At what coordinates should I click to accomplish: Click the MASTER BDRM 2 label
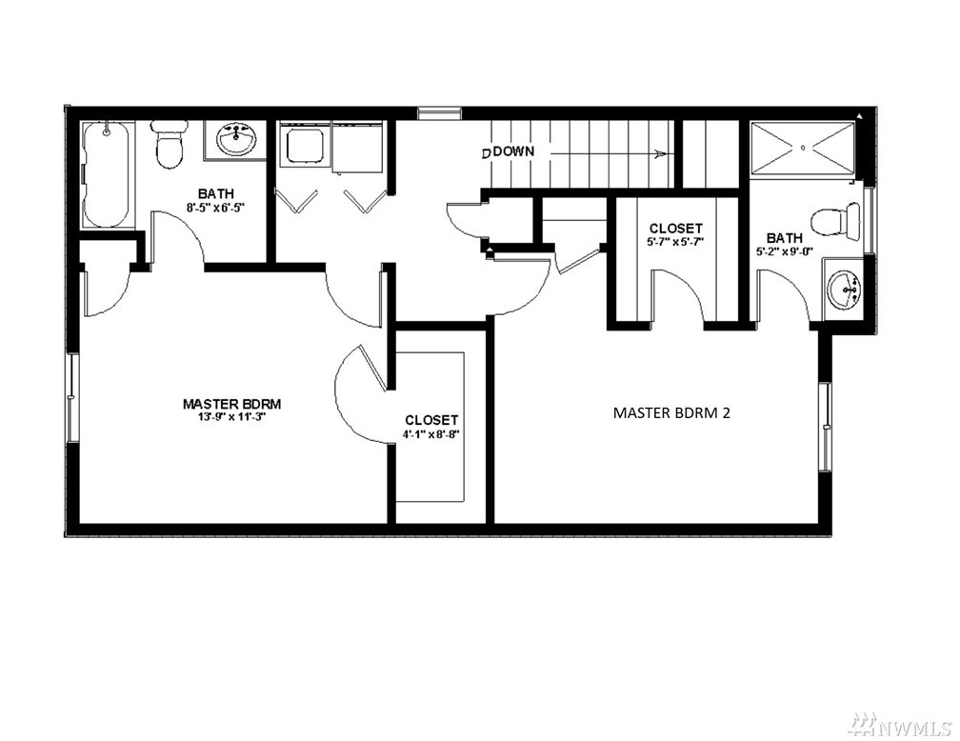671,412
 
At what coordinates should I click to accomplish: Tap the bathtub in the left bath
107,174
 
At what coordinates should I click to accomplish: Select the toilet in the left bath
169,145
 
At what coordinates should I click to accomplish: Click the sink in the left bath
236,140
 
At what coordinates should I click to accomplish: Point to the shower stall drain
803,148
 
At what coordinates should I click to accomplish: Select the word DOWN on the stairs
513,151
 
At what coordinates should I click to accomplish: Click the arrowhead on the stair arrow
660,153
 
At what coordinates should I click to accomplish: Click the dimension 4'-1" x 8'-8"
431,433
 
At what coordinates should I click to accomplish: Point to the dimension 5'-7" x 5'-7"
675,241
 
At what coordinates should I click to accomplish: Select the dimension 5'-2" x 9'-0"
784,250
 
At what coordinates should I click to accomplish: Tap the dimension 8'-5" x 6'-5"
215,207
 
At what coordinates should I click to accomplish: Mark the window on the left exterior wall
72,397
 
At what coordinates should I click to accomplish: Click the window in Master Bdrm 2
826,427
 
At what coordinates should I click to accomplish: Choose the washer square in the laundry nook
303,145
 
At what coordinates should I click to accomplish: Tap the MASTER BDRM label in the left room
231,404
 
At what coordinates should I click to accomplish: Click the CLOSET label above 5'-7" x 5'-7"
675,229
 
